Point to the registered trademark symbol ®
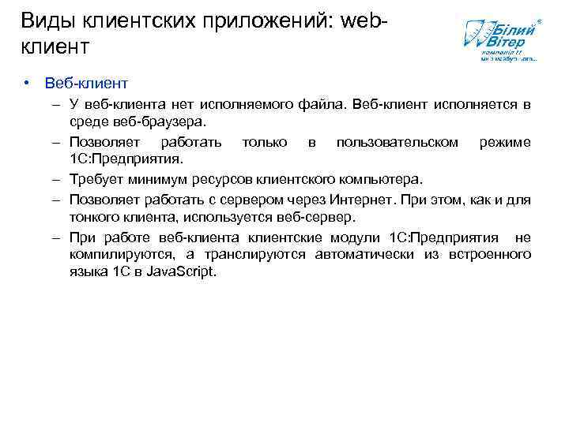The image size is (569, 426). [x=540, y=18]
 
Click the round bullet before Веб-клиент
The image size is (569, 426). [x=26, y=83]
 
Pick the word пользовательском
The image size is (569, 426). [x=397, y=142]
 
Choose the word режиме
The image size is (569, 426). [x=505, y=142]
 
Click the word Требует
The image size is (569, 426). [x=94, y=179]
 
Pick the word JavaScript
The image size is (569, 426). [x=181, y=273]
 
